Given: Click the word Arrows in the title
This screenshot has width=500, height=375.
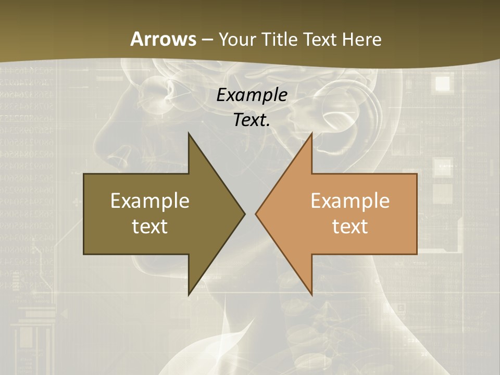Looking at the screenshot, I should pos(164,39).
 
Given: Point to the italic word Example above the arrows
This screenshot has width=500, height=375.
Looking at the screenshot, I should pos(252,95).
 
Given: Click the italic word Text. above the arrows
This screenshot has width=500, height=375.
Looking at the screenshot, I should pos(252,120).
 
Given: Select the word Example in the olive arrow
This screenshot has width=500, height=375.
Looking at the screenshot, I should pos(150,201).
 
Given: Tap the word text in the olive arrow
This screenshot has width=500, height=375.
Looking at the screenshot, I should pos(150,227).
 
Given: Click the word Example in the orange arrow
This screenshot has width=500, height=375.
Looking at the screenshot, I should pos(350,201).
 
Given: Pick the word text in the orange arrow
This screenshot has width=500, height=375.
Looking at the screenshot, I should pos(350,227).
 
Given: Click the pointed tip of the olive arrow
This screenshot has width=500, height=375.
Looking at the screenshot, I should pos(245,214).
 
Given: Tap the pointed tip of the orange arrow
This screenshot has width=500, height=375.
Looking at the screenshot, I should pos(256,214).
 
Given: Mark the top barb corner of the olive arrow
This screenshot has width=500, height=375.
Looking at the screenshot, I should pos(189,133).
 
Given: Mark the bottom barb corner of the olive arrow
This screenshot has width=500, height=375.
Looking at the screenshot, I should pos(189,295).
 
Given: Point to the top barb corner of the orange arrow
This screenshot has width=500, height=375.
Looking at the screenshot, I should pos(311,133).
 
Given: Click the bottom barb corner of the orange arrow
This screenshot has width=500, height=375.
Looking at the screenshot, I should pos(311,295).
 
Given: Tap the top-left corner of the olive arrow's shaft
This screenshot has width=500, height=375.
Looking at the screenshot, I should pos(84,174).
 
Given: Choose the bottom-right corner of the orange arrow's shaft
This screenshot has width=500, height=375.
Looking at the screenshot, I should pos(417,254).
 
